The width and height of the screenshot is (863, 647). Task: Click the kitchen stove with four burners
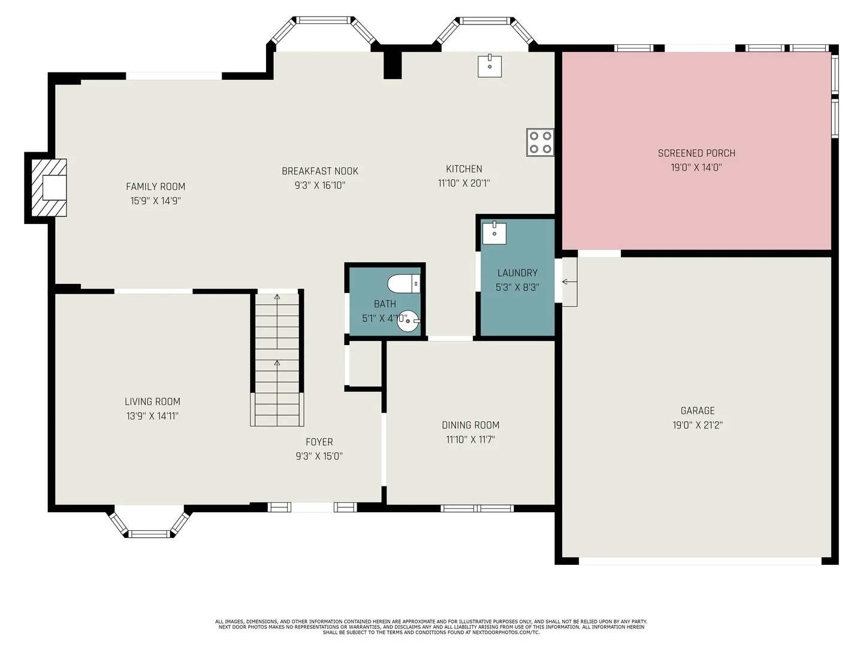point(540,142)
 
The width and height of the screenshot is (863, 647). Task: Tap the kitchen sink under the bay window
point(490,66)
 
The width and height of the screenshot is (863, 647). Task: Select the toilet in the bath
point(404,283)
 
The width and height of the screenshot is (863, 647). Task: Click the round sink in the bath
point(408,321)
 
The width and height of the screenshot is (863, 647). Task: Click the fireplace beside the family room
point(49,188)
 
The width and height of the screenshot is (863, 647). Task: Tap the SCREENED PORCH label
point(696,153)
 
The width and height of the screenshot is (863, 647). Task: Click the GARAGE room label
point(698,410)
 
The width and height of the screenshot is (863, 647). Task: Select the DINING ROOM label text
point(470,425)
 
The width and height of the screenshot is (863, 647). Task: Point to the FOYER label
point(319,442)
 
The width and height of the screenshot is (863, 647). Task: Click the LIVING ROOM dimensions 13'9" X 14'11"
point(153,416)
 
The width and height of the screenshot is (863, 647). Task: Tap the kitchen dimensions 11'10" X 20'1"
point(464,183)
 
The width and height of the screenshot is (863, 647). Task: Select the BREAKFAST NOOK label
point(320,171)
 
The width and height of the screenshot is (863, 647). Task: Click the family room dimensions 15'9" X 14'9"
point(156,201)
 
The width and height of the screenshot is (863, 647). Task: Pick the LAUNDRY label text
point(517,273)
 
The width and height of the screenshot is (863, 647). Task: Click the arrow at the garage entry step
point(570,282)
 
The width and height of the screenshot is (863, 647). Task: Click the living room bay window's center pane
point(149,533)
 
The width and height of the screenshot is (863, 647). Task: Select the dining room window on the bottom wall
point(477,509)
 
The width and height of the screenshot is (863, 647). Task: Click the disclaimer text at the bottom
point(431,627)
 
